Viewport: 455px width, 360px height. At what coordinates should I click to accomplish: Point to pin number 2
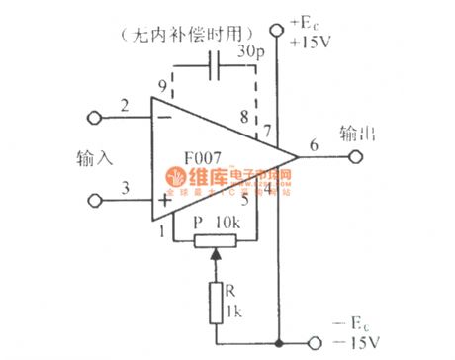point(125,105)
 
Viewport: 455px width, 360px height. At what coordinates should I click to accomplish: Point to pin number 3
point(125,184)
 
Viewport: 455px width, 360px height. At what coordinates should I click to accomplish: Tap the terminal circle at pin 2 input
point(96,119)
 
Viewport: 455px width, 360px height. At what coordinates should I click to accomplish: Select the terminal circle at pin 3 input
point(96,200)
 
